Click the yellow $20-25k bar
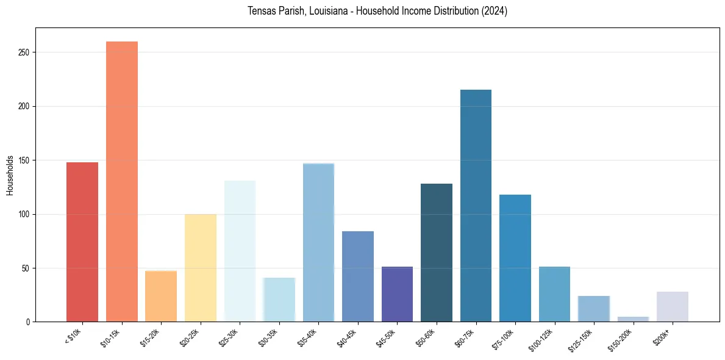(201, 268)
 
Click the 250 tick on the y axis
(24, 52)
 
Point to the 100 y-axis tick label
(24, 214)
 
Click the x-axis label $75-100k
(504, 337)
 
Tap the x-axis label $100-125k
(542, 339)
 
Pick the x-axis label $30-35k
(268, 337)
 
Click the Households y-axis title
(10, 175)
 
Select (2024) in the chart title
(495, 11)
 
